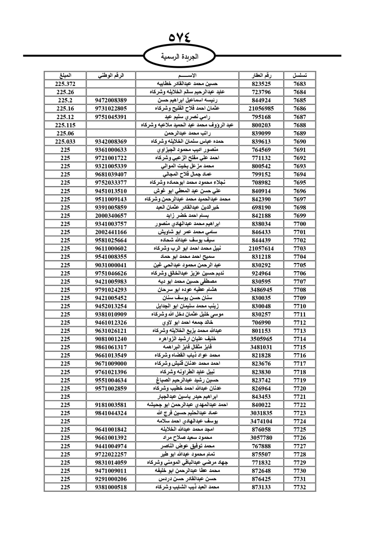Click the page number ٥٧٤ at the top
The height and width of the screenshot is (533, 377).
click(x=180, y=38)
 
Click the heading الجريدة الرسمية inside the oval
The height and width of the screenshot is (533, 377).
click(x=179, y=57)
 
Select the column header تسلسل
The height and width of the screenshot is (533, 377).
click(x=300, y=75)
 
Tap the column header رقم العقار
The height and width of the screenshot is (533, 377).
click(x=261, y=75)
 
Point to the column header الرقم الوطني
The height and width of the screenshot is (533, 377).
click(x=111, y=75)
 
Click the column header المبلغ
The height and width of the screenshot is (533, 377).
click(x=65, y=75)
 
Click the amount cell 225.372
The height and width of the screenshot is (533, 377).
click(x=65, y=84)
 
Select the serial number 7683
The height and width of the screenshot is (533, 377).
click(x=300, y=84)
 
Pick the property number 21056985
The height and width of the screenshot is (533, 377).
click(x=261, y=109)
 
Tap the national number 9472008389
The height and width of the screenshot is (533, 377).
click(x=111, y=100)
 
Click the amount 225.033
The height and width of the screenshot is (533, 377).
click(x=65, y=142)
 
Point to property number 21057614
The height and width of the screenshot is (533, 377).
click(x=261, y=249)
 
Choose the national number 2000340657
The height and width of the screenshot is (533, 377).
click(x=111, y=216)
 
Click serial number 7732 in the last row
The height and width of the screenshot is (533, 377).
click(x=300, y=487)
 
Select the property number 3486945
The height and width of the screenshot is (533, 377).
click(x=261, y=290)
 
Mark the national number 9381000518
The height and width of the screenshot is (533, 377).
click(x=111, y=487)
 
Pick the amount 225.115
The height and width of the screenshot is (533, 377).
click(x=65, y=125)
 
